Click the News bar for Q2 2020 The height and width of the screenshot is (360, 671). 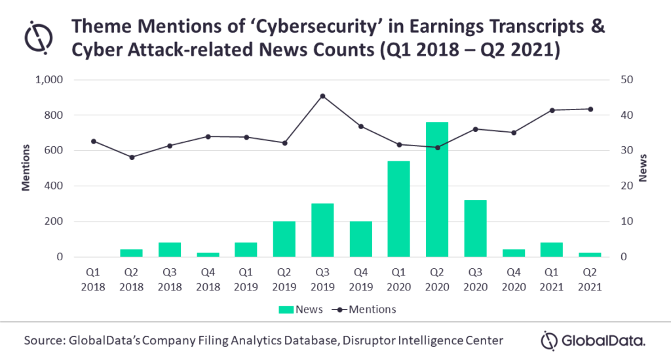[437, 190]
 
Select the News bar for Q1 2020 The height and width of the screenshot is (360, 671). [399, 209]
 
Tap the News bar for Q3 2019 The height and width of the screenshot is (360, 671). [322, 230]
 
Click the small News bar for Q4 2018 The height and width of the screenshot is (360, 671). [207, 254]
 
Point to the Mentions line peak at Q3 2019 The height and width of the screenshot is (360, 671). [322, 96]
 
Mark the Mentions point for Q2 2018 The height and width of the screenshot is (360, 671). [132, 157]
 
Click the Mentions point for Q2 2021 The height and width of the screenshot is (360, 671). [590, 109]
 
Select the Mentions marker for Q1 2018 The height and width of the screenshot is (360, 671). [94, 141]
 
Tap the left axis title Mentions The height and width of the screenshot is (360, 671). [26, 169]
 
